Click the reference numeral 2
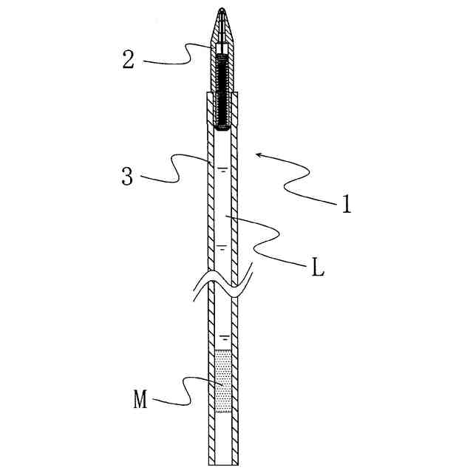(x=128, y=59)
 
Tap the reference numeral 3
(x=127, y=176)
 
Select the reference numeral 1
(x=347, y=204)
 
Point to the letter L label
(x=317, y=268)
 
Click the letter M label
(x=140, y=399)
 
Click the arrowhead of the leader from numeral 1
(x=259, y=155)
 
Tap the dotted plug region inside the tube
(x=223, y=381)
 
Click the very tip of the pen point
(x=222, y=8)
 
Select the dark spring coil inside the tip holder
(x=222, y=90)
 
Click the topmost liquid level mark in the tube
(x=223, y=169)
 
